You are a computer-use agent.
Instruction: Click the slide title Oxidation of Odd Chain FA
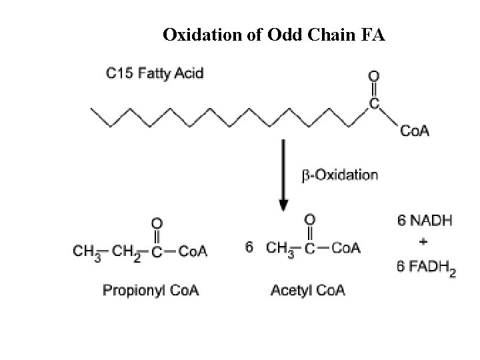[x=273, y=35]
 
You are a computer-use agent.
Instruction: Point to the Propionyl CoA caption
[x=151, y=290]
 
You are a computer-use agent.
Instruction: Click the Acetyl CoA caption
[x=307, y=290]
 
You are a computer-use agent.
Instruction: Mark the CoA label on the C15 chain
[x=415, y=131]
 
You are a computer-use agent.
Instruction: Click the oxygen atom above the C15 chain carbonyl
[x=374, y=76]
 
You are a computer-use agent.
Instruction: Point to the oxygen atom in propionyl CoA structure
[x=157, y=222]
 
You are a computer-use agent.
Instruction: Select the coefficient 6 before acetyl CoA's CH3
[x=249, y=247]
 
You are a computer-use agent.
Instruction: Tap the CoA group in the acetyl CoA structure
[x=345, y=248]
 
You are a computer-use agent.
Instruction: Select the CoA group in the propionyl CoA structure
[x=194, y=251]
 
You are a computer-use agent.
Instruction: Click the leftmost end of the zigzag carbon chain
[x=92, y=111]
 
